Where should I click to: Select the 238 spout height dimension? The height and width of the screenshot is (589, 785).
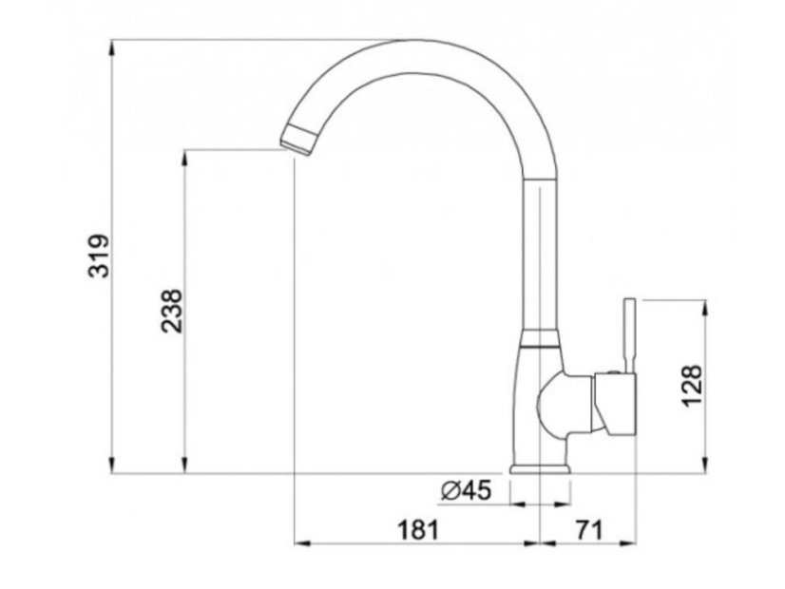(172, 310)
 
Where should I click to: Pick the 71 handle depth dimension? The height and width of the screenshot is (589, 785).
(588, 530)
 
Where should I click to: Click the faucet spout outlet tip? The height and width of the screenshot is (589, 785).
(297, 140)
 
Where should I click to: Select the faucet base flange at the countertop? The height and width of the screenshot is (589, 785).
(542, 467)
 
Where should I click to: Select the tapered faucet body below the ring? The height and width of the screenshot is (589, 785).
(537, 399)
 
